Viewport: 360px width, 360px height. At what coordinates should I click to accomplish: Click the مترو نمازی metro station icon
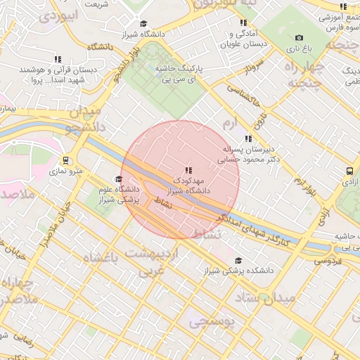tap(65, 160)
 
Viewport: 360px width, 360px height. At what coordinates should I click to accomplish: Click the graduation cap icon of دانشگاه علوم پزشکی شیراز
tap(117, 179)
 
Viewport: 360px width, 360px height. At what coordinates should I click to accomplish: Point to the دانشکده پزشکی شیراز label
tap(240, 269)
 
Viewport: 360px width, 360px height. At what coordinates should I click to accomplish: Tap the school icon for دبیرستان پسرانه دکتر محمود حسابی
tap(247, 139)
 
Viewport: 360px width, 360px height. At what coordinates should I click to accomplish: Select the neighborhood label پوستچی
tap(215, 323)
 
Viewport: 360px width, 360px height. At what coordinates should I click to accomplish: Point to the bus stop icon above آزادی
tap(349, 171)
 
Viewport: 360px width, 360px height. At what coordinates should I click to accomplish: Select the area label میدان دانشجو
tap(84, 120)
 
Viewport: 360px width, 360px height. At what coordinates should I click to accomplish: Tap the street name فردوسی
tap(324, 260)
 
